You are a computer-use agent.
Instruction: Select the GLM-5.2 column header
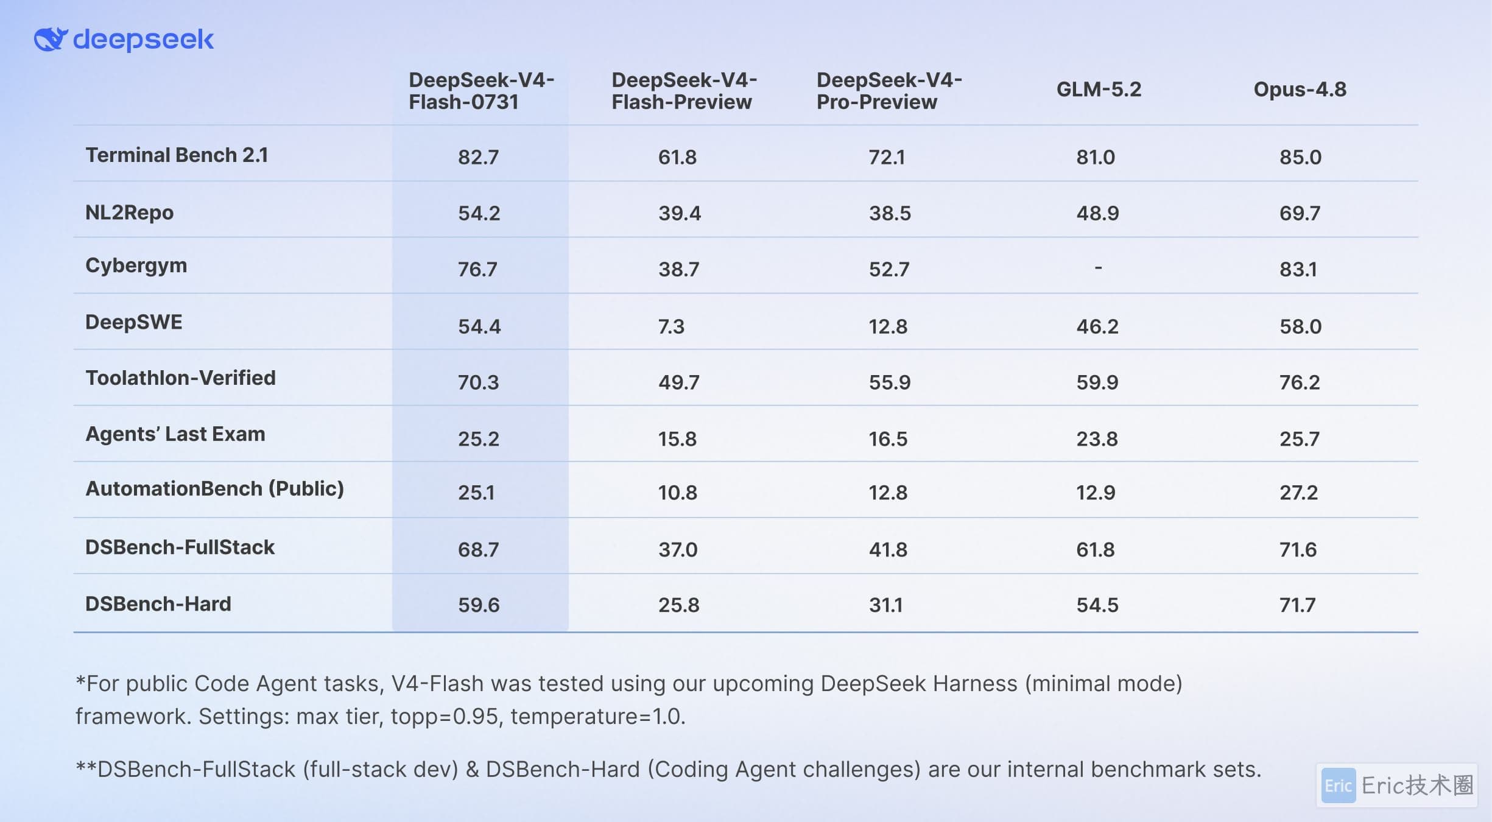(1099, 90)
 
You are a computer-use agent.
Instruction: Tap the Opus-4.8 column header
(1300, 90)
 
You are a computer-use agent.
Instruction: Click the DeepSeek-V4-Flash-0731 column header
(481, 91)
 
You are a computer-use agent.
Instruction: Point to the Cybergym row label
(136, 266)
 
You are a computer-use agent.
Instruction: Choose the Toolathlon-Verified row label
(180, 378)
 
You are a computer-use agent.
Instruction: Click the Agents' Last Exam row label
(175, 434)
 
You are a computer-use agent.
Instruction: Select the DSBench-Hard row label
(158, 604)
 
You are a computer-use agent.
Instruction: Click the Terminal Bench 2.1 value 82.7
(478, 157)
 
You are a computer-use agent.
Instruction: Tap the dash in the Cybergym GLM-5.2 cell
(1098, 267)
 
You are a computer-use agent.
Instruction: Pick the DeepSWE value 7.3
(671, 327)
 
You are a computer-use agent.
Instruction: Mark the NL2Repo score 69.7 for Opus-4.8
(1300, 214)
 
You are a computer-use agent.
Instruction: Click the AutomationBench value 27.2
(1298, 493)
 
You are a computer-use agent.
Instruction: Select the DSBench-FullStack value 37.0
(678, 550)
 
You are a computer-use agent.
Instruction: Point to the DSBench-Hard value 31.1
(885, 605)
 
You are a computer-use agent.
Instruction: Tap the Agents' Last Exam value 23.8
(1097, 439)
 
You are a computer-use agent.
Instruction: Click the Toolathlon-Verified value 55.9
(890, 382)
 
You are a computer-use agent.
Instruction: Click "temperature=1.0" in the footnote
(598, 717)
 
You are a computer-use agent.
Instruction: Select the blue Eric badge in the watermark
(1338, 785)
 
